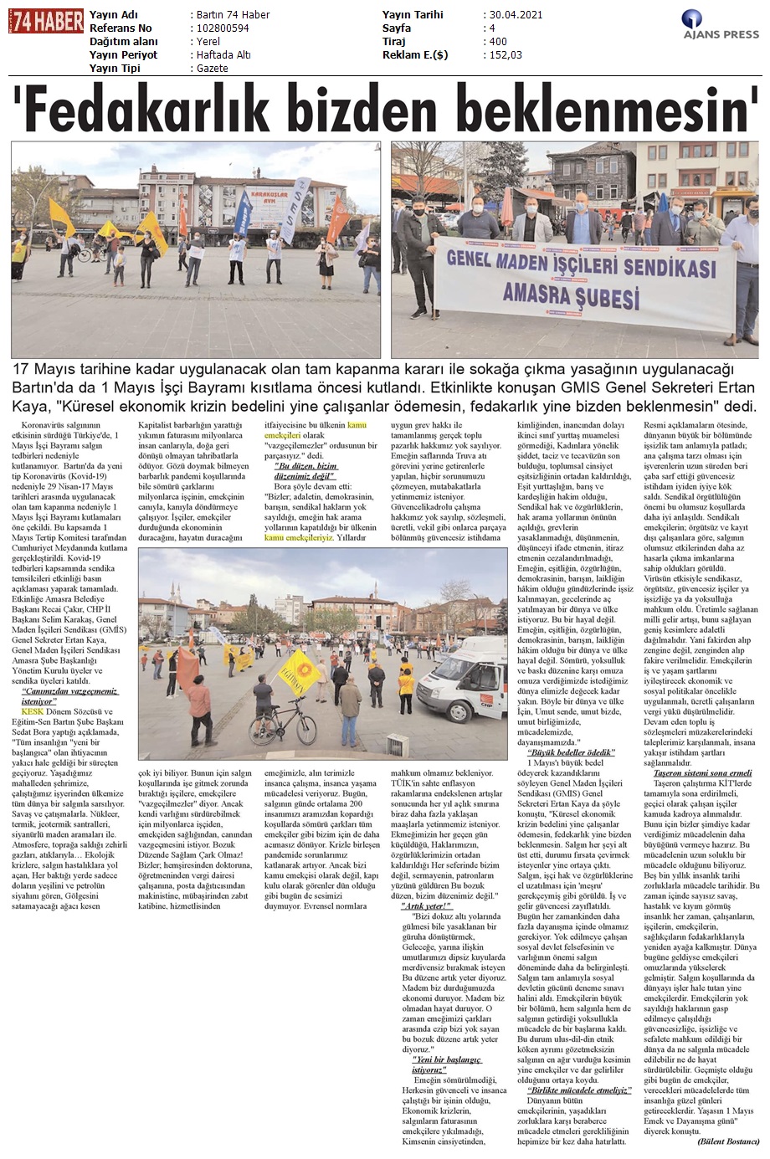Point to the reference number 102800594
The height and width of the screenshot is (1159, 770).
[x=223, y=28]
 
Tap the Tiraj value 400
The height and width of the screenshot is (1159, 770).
[x=497, y=42]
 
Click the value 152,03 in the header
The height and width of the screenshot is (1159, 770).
[x=504, y=55]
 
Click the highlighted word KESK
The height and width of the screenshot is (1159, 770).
[x=32, y=710]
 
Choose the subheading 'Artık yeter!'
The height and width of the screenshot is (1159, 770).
[x=427, y=906]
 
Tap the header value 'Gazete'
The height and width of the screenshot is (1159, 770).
[x=212, y=69]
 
